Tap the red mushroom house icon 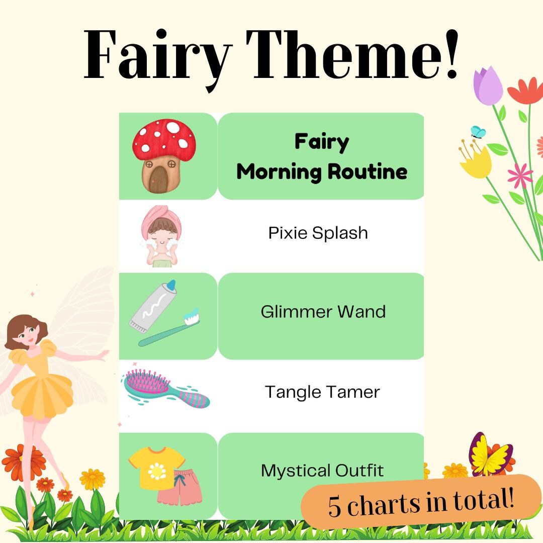(163, 156)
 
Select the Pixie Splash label (318, 233)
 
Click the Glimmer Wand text (323, 312)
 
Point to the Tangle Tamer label (322, 392)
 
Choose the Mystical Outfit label (322, 471)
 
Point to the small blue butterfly (478, 132)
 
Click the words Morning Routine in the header (322, 172)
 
